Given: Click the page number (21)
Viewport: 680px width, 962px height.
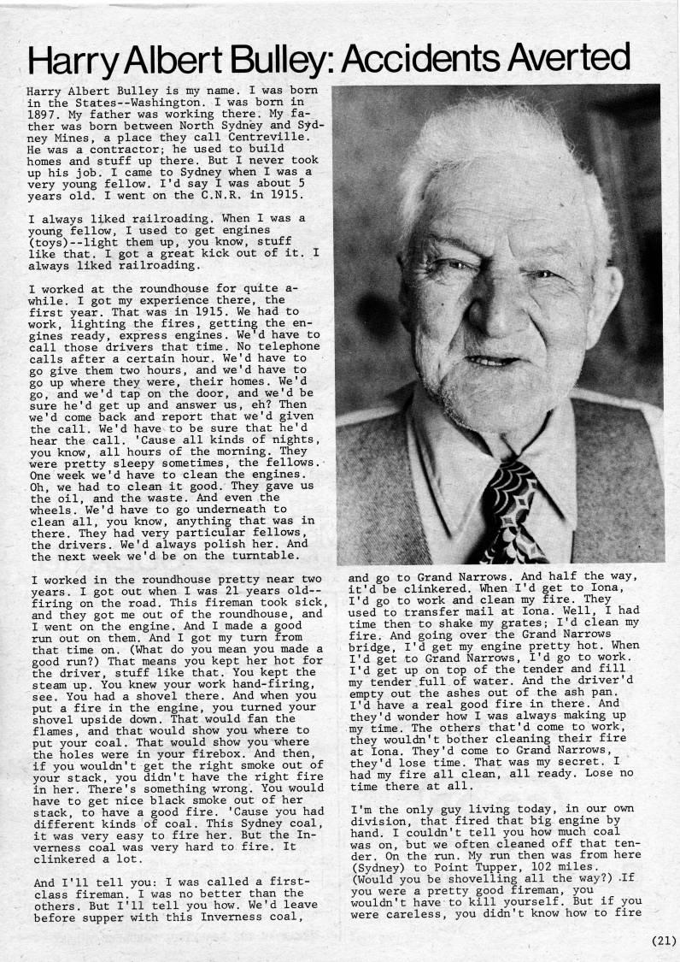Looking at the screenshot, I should tap(660, 941).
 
